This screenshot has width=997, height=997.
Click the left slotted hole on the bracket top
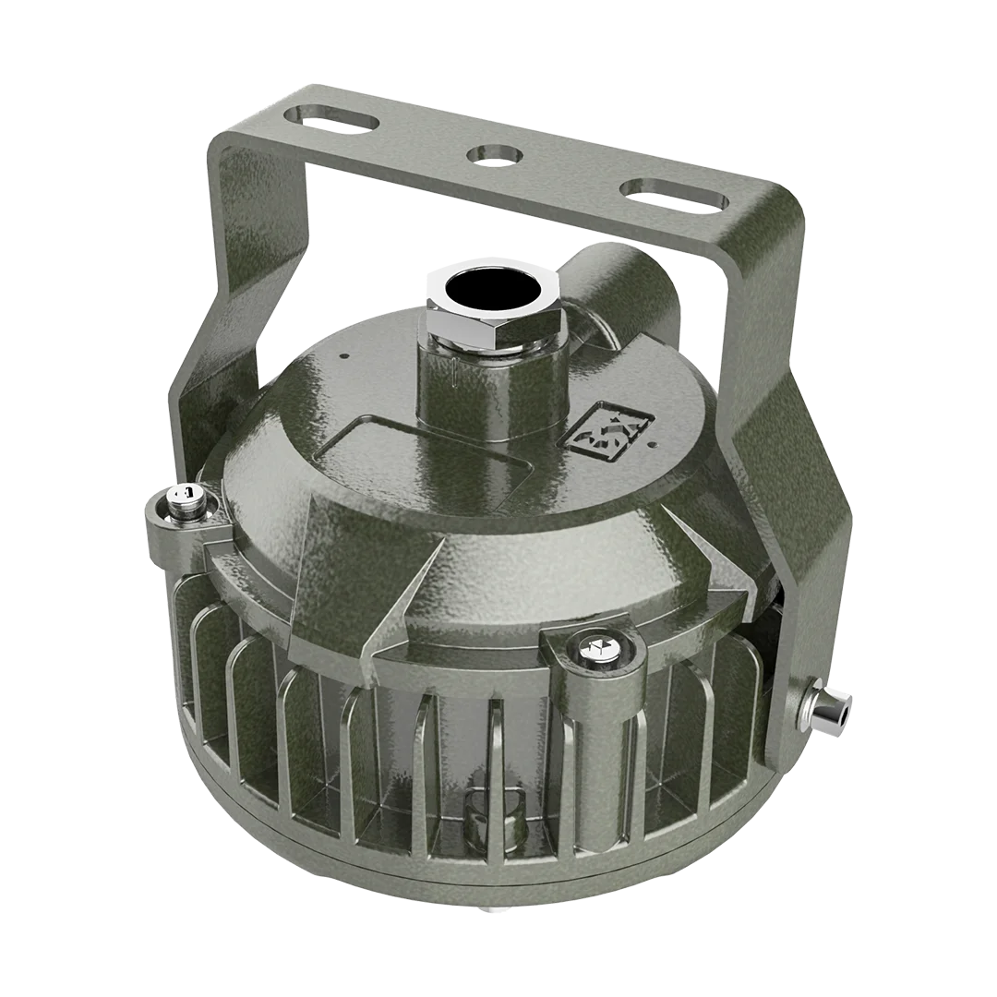tap(330, 118)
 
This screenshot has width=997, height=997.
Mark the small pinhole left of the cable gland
tap(344, 354)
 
